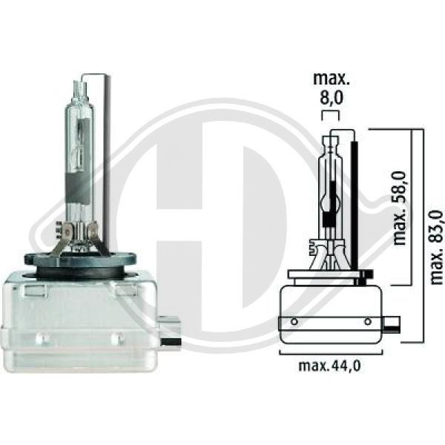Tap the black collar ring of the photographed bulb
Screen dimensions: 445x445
[80, 260]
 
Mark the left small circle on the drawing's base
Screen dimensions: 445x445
[294, 321]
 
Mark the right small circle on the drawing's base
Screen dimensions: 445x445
[368, 321]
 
